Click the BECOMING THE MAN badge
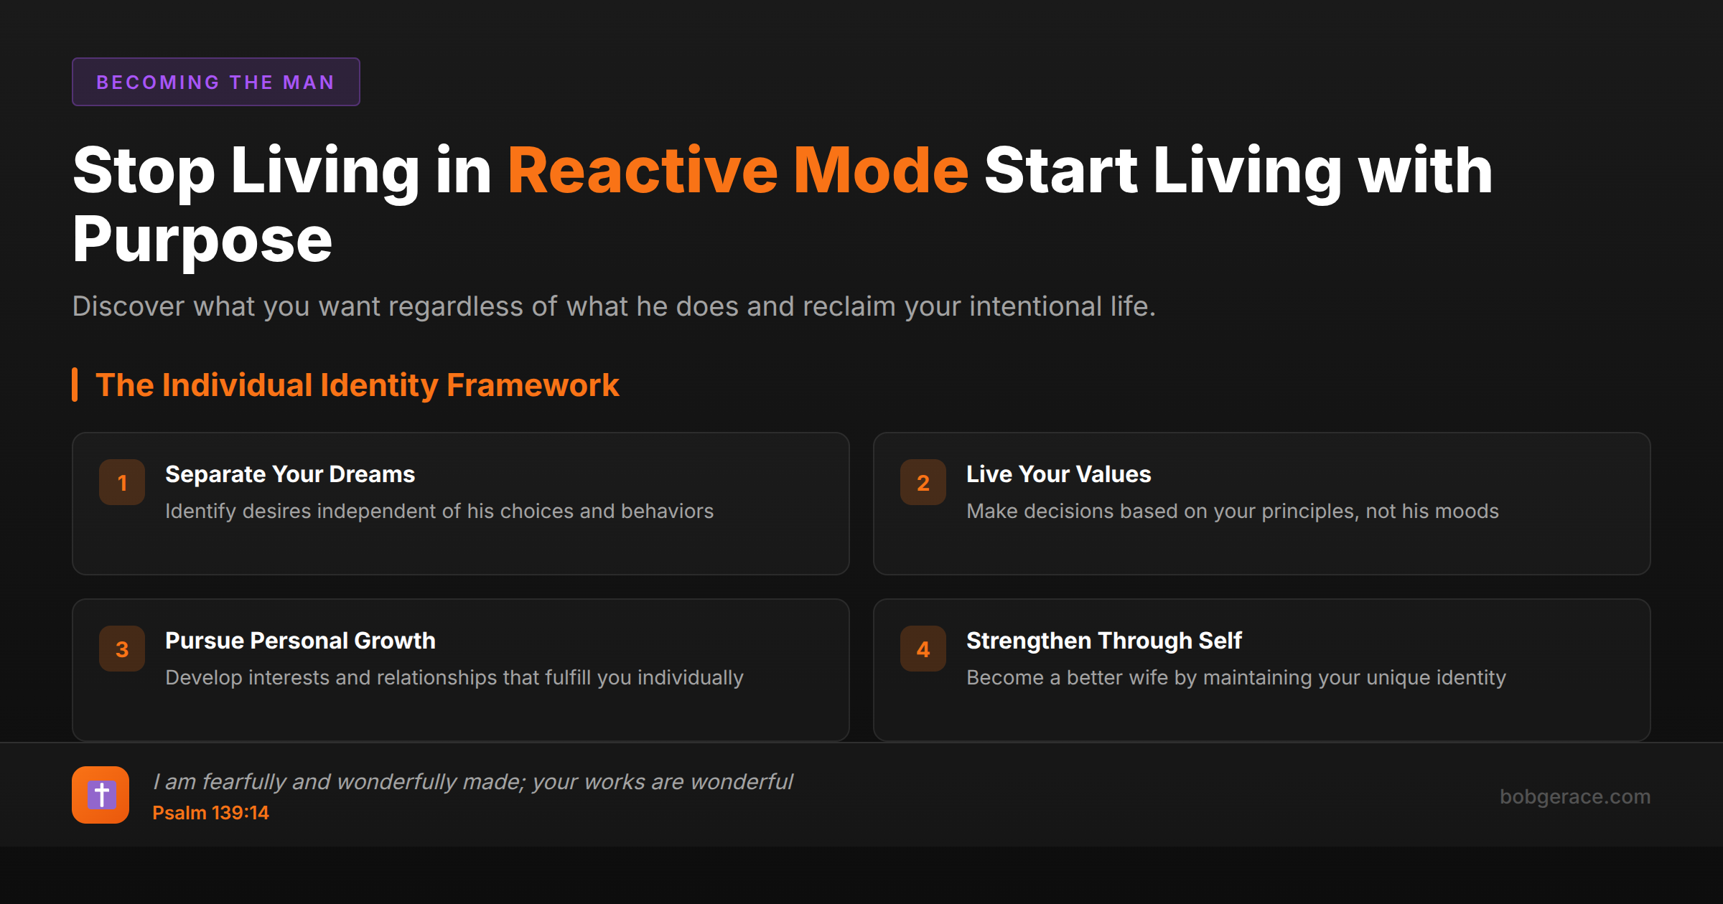(215, 82)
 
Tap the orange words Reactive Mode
(738, 171)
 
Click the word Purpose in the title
(202, 240)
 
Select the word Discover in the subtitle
(129, 306)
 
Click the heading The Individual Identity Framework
(357, 385)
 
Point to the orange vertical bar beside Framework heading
(75, 385)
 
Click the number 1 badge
(122, 482)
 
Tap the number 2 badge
(923, 482)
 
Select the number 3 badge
(122, 649)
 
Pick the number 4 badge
(923, 649)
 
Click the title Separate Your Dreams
(290, 474)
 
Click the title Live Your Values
(1058, 474)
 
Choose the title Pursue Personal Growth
(300, 641)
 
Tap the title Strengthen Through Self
(1103, 641)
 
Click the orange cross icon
(101, 795)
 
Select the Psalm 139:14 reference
(210, 813)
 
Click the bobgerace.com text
(1574, 796)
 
